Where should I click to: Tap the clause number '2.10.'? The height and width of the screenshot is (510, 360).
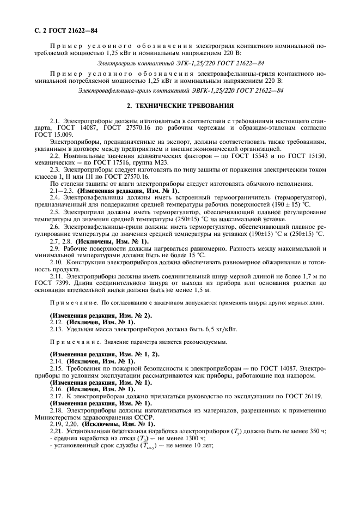[57, 262]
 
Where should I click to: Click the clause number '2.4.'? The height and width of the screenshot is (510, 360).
[55, 197]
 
